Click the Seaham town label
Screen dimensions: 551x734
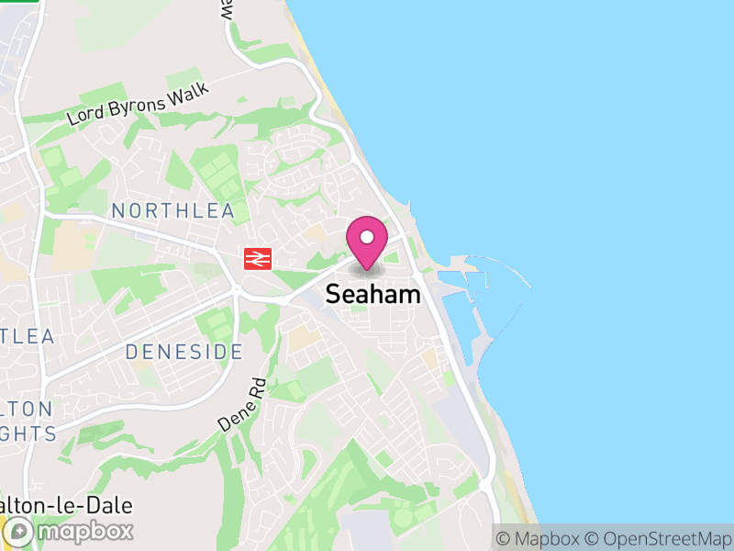point(373,295)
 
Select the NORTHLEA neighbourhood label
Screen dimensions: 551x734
point(172,211)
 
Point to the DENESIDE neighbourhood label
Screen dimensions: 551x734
point(183,352)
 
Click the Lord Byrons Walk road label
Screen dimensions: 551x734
point(139,105)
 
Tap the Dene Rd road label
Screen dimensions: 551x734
point(241,406)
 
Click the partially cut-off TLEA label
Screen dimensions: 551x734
point(27,336)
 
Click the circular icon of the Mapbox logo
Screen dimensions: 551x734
point(20,531)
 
